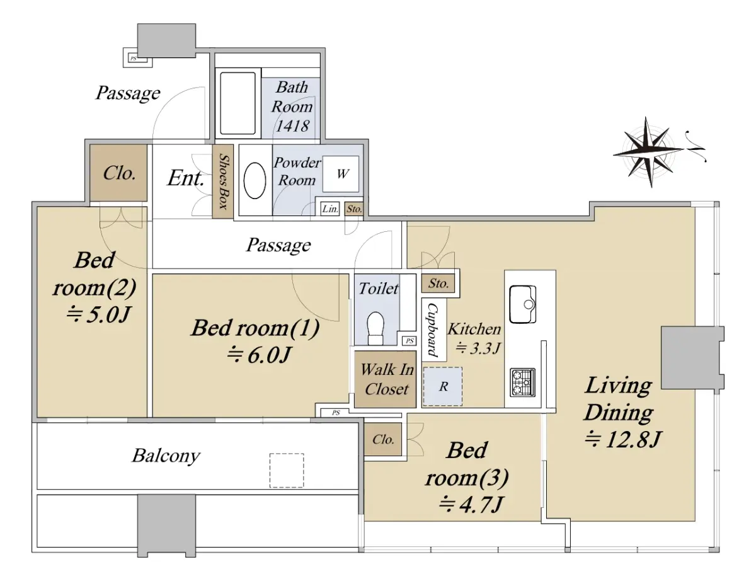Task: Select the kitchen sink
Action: point(522,304)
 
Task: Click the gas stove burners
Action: point(522,383)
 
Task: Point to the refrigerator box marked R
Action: point(442,386)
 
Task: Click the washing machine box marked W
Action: point(341,174)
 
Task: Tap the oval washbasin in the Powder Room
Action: point(255,181)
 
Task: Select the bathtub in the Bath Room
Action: point(238,103)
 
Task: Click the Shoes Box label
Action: point(223,182)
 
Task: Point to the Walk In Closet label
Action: point(387,379)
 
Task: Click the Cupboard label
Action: point(432,330)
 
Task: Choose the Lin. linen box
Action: point(330,209)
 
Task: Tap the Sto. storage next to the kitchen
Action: point(438,283)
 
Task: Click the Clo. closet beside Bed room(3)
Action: point(383,439)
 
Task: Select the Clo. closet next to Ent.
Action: point(118,173)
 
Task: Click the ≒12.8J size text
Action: point(622,439)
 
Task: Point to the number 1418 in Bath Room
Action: point(292,126)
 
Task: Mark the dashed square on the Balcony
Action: point(287,470)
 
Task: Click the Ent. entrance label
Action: point(185,178)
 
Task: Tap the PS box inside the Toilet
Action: point(409,341)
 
